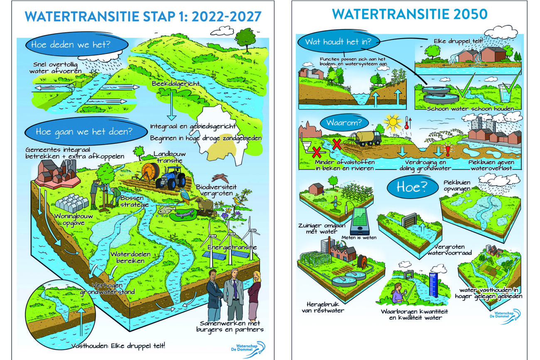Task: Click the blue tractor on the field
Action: [171, 178]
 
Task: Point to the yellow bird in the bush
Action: [237, 201]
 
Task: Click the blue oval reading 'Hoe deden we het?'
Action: [70, 44]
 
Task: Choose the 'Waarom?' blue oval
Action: [341, 123]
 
